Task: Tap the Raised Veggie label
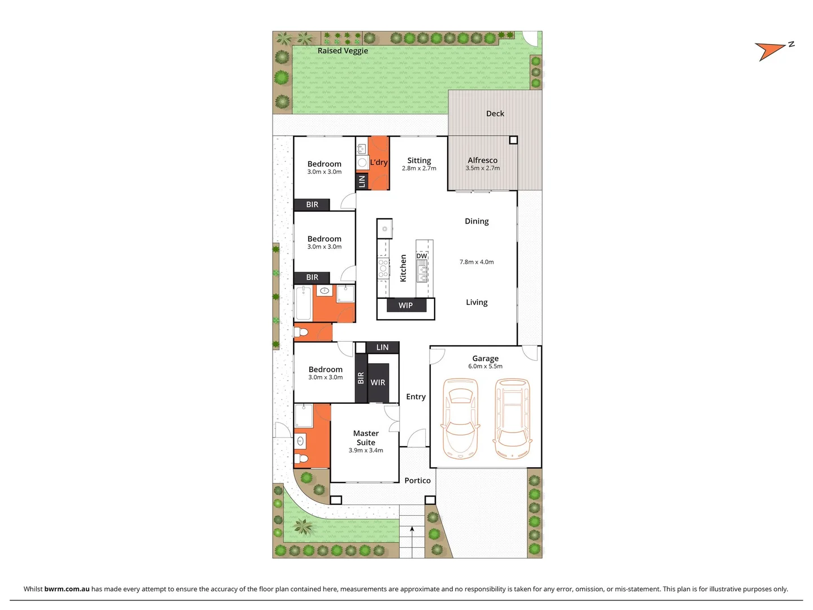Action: pos(343,51)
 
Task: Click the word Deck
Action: pos(495,114)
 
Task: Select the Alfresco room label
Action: pos(483,160)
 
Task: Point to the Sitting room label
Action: pos(419,160)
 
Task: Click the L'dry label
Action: pos(379,163)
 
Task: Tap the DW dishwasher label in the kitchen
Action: pos(422,256)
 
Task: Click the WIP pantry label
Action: pos(405,306)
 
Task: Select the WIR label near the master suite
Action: pos(378,382)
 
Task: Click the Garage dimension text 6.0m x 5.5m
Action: pos(485,367)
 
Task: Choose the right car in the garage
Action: pos(513,417)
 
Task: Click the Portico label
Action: pos(417,481)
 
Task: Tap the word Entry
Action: pos(416,396)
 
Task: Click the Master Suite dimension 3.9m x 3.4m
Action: pos(366,450)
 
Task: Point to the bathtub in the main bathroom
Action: pos(303,303)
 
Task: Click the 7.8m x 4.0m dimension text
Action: pos(477,262)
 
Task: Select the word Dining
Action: pos(477,221)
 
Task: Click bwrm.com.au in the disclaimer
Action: pos(67,589)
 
